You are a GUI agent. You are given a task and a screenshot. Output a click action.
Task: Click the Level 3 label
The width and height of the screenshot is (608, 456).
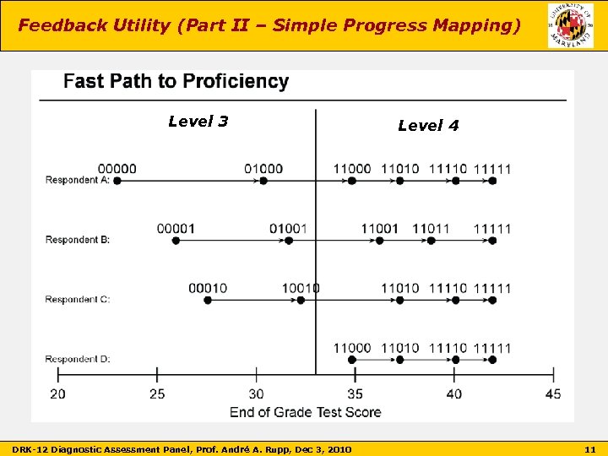pyautogui.click(x=198, y=121)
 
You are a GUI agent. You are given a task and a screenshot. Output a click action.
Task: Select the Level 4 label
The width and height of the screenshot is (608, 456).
pyautogui.click(x=428, y=125)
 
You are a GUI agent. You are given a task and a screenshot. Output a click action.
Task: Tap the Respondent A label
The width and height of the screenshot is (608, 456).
pyautogui.click(x=78, y=180)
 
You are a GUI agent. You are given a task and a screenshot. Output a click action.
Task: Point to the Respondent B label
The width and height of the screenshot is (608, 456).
pyautogui.click(x=78, y=240)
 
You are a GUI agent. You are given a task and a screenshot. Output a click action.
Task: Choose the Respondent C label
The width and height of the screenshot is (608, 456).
pyautogui.click(x=78, y=300)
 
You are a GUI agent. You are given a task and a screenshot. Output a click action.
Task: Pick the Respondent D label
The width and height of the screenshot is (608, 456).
pyautogui.click(x=78, y=360)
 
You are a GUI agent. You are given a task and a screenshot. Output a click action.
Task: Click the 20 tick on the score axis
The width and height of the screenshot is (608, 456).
pyautogui.click(x=57, y=394)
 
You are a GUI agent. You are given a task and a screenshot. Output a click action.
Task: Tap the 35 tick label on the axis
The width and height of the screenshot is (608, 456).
pyautogui.click(x=355, y=394)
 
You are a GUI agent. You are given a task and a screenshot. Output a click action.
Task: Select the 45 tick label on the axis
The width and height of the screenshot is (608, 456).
pyautogui.click(x=553, y=394)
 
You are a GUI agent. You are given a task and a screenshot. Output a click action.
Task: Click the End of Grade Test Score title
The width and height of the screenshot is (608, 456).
pyautogui.click(x=305, y=412)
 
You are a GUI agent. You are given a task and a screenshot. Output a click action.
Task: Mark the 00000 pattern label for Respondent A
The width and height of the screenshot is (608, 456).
pyautogui.click(x=117, y=168)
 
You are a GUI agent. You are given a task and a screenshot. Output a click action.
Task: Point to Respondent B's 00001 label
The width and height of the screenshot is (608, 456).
pyautogui.click(x=176, y=228)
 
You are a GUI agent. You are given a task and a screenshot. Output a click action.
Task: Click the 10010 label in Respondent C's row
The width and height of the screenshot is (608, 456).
pyautogui.click(x=301, y=288)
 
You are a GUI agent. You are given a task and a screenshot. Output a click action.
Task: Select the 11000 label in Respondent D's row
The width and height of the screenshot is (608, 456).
pyautogui.click(x=351, y=348)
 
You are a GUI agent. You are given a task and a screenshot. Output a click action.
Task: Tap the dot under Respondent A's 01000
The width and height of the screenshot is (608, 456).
pyautogui.click(x=263, y=181)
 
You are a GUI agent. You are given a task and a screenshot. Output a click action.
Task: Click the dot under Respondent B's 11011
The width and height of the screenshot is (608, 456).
pyautogui.click(x=431, y=241)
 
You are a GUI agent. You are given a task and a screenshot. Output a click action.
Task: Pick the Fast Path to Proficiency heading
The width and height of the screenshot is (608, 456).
pyautogui.click(x=176, y=81)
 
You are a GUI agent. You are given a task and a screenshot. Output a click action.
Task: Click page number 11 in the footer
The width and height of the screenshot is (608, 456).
pyautogui.click(x=589, y=447)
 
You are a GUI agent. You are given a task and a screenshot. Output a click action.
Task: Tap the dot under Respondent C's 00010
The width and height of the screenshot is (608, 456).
pyautogui.click(x=208, y=301)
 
